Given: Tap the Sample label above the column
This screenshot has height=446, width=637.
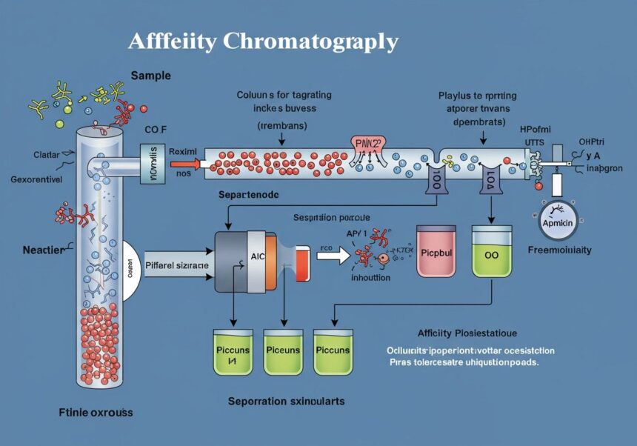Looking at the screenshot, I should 151,76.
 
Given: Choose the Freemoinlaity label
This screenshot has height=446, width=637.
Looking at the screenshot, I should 559,250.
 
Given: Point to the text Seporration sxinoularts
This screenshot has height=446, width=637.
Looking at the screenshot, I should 286,401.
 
